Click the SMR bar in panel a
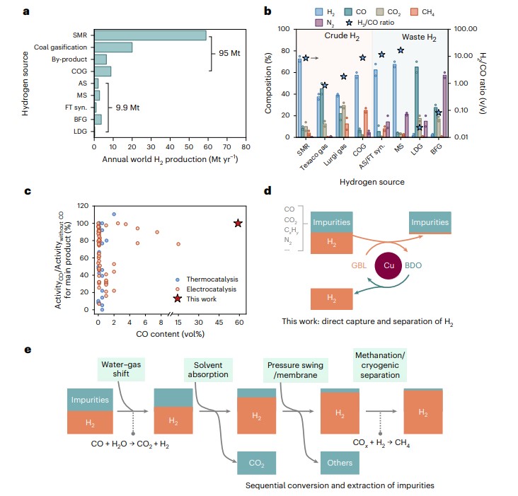click(x=150, y=35)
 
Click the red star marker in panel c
click(x=238, y=224)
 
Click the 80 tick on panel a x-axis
click(x=245, y=149)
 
